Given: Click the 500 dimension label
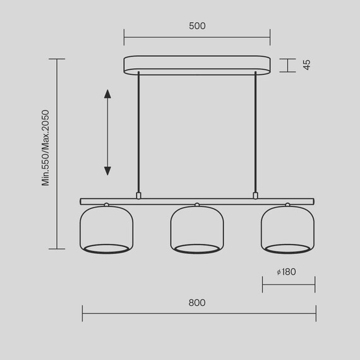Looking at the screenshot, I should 197,27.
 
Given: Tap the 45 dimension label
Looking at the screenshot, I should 307,64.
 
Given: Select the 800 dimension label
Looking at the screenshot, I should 197,303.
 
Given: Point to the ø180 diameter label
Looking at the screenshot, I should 286,272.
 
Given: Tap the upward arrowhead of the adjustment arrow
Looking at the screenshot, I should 107,95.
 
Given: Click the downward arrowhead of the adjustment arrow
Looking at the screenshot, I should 107,170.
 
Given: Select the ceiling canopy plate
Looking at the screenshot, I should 197,64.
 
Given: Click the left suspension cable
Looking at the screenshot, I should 138,133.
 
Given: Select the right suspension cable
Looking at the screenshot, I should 256,133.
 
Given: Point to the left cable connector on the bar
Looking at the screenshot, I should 138,195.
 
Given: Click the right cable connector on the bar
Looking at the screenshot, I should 256,195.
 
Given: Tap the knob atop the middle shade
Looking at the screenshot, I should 197,205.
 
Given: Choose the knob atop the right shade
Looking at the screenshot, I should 288,205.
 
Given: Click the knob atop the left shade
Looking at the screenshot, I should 106,205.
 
